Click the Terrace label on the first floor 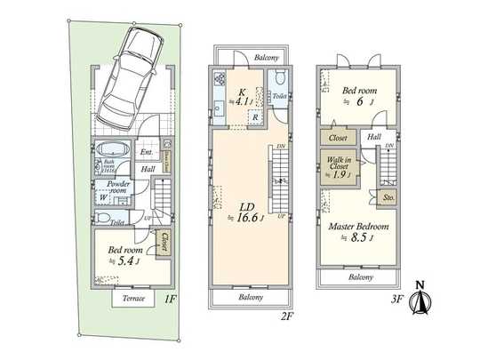pyautogui.click(x=133, y=299)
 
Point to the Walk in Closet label pyautogui.click(x=339, y=165)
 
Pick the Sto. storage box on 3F pyautogui.click(x=388, y=198)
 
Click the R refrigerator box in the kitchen pyautogui.click(x=255, y=117)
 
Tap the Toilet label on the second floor pyautogui.click(x=278, y=95)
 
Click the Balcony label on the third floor pyautogui.click(x=360, y=277)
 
